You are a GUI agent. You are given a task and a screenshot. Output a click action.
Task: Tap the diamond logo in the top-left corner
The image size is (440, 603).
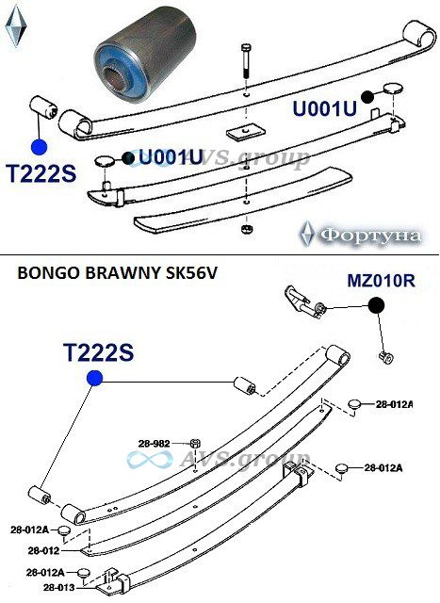coord(16,25)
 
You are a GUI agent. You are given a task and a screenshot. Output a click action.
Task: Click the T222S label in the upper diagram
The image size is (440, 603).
coord(41,173)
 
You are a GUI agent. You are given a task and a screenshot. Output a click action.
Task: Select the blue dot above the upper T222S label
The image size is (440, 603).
coord(39,147)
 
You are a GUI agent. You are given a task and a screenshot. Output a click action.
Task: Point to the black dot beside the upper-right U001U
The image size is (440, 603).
coord(368,97)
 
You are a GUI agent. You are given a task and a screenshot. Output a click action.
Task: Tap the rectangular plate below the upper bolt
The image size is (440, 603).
coord(246,132)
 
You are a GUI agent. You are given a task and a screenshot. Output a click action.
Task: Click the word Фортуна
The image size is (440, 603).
coord(370,235)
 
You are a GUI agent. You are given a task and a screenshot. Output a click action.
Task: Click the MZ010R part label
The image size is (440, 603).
coord(382,281)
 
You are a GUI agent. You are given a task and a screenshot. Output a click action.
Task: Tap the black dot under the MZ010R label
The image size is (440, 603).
coord(376,305)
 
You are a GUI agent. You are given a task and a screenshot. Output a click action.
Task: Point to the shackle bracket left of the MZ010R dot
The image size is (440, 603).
coord(304,302)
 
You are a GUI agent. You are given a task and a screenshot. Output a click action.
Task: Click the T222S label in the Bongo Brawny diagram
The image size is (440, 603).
coord(99,351)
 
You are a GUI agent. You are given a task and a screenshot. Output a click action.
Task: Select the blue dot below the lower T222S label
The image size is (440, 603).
coord(94,378)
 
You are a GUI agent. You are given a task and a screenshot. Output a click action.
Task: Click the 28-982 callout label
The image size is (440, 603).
coord(154,444)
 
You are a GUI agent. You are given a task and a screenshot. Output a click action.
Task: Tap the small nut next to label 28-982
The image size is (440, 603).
coord(195,444)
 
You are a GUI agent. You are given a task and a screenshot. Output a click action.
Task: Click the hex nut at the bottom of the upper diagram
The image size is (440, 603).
coord(245,229)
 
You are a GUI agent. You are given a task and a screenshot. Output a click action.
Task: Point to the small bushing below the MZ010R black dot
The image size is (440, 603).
coord(386,357)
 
